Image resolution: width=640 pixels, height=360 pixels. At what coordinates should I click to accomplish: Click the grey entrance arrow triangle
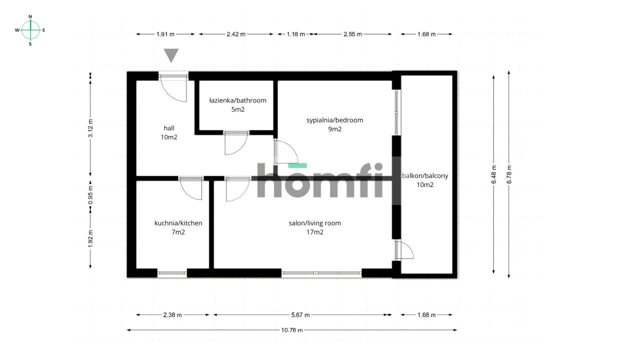coord(171,55)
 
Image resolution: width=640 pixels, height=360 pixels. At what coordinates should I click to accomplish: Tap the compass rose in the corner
coord(30,30)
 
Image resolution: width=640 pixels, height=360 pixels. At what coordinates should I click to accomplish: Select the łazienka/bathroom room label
coord(237,100)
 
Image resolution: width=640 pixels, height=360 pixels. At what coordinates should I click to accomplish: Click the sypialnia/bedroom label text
coord(334,120)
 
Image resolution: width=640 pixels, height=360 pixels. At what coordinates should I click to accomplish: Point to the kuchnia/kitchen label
coord(178,223)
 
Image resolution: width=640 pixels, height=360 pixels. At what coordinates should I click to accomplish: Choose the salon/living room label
coord(315,223)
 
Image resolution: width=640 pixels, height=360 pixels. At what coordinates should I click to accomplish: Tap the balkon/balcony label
coord(425,175)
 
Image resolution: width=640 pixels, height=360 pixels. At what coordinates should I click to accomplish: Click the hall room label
coord(169,128)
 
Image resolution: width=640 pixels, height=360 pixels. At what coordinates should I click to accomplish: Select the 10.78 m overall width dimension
coord(292,330)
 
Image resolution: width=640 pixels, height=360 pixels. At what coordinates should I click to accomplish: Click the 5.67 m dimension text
coord(300,315)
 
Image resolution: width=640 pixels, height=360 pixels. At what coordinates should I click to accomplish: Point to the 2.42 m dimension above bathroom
coord(236,34)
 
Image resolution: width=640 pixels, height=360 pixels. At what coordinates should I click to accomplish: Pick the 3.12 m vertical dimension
coord(90,128)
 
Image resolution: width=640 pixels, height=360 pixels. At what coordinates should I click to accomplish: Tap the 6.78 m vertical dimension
coord(509,174)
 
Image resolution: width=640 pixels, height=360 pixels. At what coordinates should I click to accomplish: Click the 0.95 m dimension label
coord(90,195)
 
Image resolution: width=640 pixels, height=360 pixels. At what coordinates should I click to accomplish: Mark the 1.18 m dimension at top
coord(296,34)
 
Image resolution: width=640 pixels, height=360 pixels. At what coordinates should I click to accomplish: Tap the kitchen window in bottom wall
coord(172,273)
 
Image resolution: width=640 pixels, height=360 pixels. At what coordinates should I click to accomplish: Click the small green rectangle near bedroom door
coord(297,165)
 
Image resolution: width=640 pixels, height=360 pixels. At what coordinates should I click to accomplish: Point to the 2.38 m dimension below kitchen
coord(172,315)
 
